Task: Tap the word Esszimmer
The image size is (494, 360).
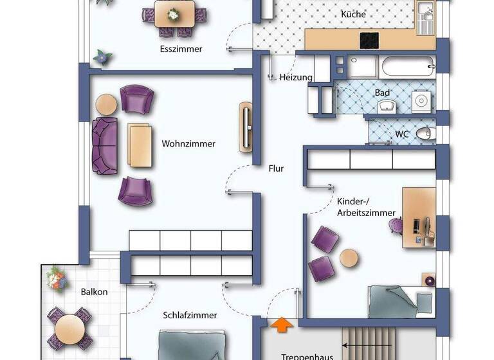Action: (x=181, y=49)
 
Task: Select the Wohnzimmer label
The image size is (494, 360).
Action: (x=188, y=144)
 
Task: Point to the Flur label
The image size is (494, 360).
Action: (x=276, y=169)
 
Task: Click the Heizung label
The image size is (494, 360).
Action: (x=296, y=78)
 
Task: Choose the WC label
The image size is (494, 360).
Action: (x=402, y=134)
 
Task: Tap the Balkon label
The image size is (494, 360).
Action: (x=94, y=292)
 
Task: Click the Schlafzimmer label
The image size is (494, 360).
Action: (x=190, y=315)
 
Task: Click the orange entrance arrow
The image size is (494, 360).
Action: (x=280, y=324)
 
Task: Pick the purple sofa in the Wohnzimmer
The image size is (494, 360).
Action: (x=105, y=145)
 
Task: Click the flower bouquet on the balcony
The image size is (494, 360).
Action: (x=56, y=279)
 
